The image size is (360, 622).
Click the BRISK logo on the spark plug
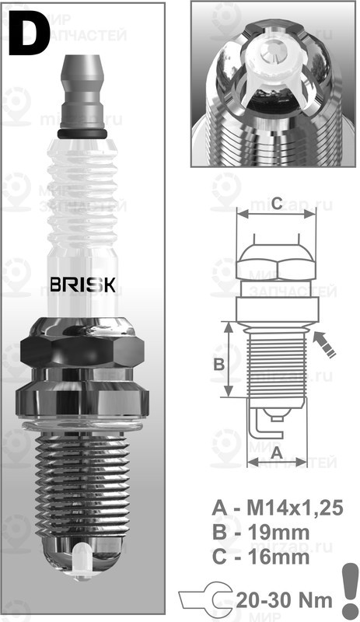pos(82,284)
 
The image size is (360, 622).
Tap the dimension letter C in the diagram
pos(276,203)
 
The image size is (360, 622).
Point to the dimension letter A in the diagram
pos(277,451)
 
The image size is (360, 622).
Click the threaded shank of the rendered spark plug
pos(82,482)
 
